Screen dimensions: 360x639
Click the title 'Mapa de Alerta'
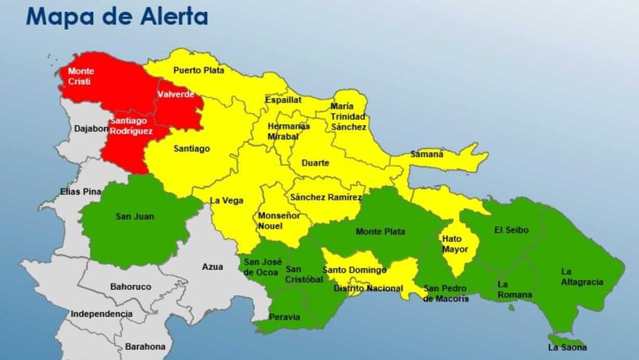116,16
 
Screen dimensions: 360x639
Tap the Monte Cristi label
81,76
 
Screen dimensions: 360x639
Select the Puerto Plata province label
198,70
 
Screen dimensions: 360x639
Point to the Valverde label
176,94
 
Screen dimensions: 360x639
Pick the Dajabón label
91,129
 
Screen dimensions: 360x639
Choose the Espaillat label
283,100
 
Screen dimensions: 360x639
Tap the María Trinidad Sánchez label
348,116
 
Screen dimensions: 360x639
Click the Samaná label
426,154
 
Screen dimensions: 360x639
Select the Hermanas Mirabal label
288,131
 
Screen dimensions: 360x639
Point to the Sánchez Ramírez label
326,197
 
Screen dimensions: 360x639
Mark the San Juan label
134,216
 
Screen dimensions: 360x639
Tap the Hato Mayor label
455,244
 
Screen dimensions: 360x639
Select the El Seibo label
511,230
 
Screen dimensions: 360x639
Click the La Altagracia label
582,276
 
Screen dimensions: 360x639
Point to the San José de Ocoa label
261,267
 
